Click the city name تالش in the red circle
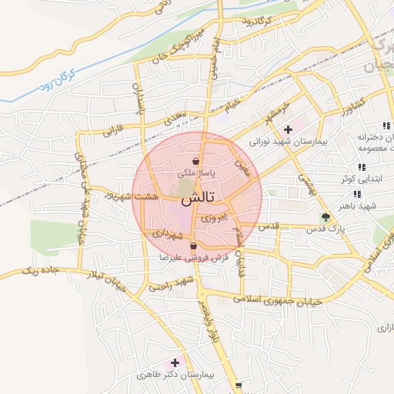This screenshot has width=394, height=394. pos(196,199)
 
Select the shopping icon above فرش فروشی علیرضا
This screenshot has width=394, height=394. pos(192,245)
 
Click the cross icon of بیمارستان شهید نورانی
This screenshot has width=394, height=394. pos(288,129)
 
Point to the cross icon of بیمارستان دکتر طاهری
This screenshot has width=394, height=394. pos(175,362)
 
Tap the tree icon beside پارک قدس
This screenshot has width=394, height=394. pos(326,216)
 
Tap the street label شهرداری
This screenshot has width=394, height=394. pos(166,232)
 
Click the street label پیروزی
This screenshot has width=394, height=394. pos(213,218)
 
